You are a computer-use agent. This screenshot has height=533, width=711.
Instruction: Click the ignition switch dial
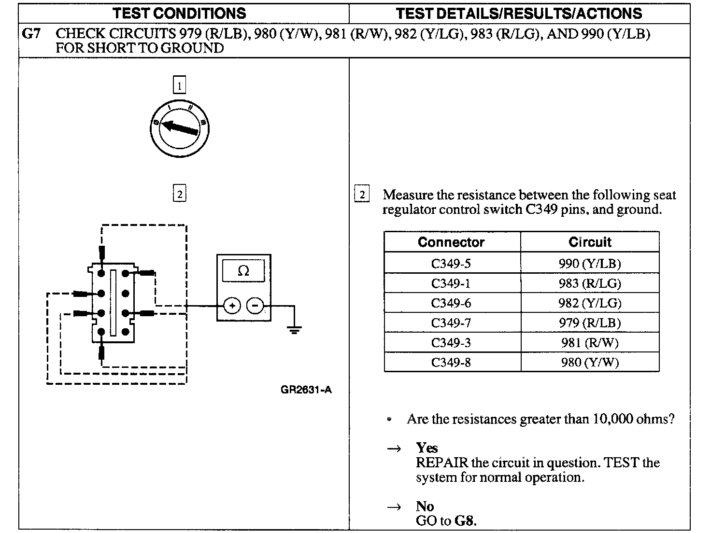click(180, 127)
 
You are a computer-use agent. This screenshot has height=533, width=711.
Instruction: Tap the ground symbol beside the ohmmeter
click(294, 330)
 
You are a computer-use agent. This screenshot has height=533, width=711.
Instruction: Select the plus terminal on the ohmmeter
click(232, 306)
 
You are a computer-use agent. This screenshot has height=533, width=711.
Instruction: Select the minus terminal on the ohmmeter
click(256, 306)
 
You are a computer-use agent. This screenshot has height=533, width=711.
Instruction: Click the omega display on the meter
click(243, 271)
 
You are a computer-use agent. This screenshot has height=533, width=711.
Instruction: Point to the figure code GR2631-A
click(306, 390)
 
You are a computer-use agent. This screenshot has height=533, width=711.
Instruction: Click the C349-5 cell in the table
click(451, 264)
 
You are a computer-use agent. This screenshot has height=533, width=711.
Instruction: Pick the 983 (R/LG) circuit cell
click(590, 283)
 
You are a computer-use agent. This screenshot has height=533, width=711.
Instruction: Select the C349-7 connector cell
click(451, 323)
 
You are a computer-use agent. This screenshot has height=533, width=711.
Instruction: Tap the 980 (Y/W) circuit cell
click(590, 362)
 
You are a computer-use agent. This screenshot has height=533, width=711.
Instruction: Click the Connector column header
click(451, 242)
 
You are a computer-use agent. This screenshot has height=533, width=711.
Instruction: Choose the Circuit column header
click(590, 242)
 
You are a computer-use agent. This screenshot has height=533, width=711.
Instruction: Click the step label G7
click(31, 34)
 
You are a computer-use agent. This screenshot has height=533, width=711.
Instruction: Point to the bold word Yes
click(427, 448)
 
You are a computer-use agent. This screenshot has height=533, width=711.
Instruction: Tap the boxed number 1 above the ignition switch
click(179, 86)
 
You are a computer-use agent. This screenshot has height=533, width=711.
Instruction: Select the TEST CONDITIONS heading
click(179, 13)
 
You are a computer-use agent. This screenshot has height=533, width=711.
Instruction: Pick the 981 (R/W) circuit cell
click(590, 343)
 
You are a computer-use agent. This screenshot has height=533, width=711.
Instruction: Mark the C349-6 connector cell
click(451, 303)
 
